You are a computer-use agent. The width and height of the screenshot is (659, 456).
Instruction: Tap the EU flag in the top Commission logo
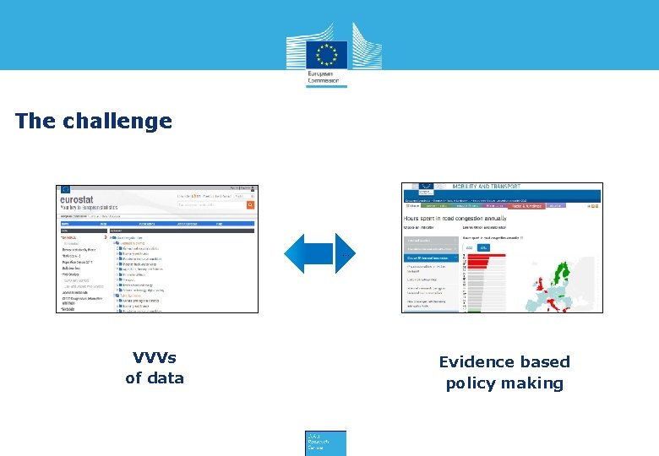(x=326, y=53)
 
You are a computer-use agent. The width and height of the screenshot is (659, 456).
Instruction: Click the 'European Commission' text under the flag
(x=326, y=77)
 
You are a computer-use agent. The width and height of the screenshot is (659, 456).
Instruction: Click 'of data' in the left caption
(x=155, y=377)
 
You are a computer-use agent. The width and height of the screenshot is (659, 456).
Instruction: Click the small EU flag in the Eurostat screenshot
(x=63, y=189)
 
